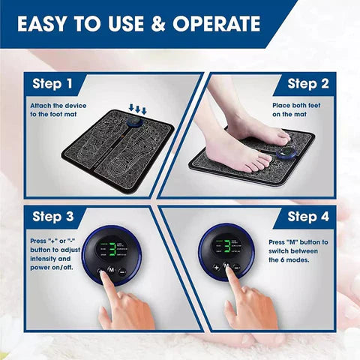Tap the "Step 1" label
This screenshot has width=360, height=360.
pyautogui.click(x=52, y=84)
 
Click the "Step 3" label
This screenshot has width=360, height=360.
pyautogui.click(x=52, y=217)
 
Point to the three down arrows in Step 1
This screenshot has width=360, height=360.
pyautogui.click(x=138, y=109)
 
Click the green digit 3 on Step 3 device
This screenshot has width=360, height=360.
pyautogui.click(x=112, y=250)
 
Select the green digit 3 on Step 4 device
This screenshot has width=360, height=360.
pyautogui.click(x=228, y=250)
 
